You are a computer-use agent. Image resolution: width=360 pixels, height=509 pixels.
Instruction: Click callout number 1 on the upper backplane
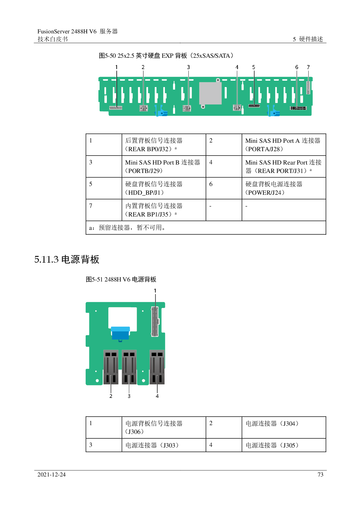[116, 67]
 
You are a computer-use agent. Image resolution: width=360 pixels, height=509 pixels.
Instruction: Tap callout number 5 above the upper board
[253, 67]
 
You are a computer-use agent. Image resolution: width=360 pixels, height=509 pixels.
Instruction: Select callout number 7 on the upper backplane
[308, 67]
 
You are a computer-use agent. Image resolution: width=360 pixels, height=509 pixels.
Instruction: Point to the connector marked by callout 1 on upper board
[116, 108]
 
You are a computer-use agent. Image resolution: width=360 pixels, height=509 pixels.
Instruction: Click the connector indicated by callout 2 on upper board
[143, 108]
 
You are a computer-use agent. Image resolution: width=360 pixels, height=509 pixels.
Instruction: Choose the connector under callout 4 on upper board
[237, 108]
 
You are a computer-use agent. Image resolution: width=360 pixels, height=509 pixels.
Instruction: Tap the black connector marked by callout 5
[254, 106]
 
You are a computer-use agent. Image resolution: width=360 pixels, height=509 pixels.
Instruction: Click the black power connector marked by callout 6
[298, 108]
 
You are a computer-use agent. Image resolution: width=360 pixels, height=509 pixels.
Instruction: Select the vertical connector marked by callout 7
[308, 88]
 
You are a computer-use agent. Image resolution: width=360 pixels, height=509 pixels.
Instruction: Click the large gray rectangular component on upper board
[210, 93]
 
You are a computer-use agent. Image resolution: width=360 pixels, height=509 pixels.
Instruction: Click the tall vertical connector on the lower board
[155, 321]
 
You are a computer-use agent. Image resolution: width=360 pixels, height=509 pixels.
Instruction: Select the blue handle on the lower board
[120, 333]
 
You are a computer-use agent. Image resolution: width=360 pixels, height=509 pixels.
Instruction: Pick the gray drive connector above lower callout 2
[111, 367]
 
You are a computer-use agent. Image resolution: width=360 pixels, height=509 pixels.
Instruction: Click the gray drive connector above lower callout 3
[129, 367]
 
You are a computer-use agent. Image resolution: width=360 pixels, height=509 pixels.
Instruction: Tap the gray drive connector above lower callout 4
[157, 367]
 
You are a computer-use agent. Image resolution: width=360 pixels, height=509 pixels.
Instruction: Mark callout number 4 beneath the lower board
[157, 396]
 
